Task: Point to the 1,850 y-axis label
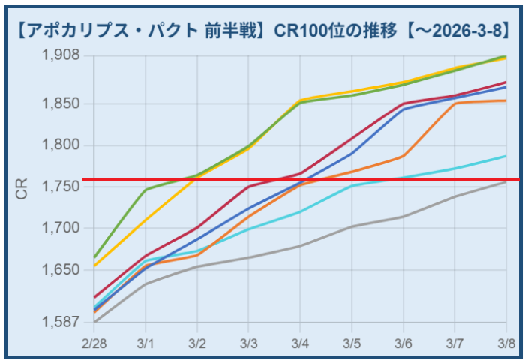point(66,103)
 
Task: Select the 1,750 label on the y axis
point(66,186)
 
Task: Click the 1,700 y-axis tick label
point(66,227)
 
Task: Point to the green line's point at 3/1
point(145,189)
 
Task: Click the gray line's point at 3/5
point(352,226)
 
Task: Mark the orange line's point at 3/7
point(454,103)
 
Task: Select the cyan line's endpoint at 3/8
point(505,156)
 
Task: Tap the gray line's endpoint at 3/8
point(505,181)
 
